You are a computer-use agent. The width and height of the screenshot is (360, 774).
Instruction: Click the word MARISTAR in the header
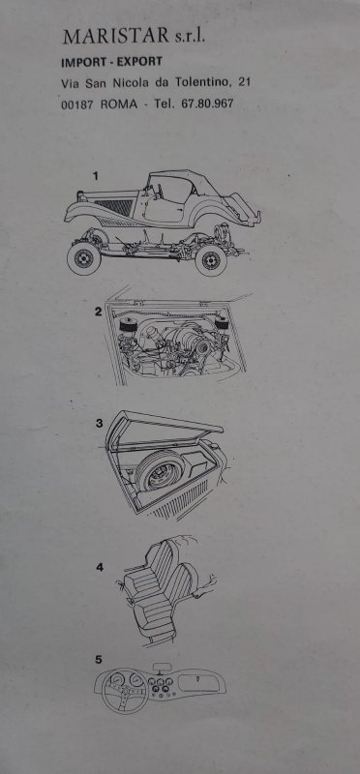click(x=115, y=37)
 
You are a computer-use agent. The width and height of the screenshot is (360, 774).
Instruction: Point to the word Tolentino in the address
click(x=203, y=83)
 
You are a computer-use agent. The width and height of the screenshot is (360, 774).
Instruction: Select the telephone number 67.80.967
click(x=207, y=104)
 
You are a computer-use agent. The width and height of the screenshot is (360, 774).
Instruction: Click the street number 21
click(x=244, y=82)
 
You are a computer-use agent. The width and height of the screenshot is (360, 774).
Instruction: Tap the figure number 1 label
click(x=96, y=175)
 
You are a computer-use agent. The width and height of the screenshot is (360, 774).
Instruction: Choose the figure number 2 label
click(x=98, y=311)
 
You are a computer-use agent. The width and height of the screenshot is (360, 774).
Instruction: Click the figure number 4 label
click(x=100, y=567)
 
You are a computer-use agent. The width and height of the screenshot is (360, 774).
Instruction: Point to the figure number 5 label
click(x=99, y=659)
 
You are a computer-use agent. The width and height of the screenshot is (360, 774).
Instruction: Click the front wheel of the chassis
click(x=83, y=257)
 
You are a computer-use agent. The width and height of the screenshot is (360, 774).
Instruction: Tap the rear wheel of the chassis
click(x=211, y=260)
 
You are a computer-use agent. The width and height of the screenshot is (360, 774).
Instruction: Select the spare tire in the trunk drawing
click(x=159, y=470)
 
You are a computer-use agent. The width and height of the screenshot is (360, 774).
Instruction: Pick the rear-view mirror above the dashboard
click(x=161, y=668)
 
